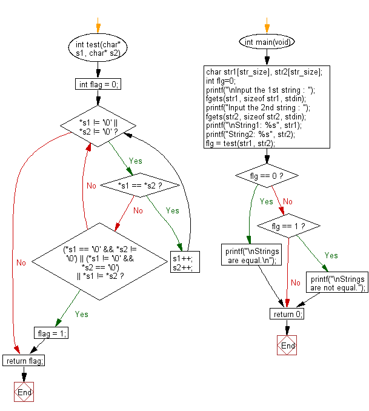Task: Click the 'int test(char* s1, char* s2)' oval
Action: [98, 48]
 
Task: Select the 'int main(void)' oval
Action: [267, 42]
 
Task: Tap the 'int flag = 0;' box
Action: [98, 84]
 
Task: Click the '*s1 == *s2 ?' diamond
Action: [140, 185]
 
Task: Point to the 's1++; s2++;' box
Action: [185, 262]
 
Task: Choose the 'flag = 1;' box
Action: [51, 333]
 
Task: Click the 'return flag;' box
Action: [24, 361]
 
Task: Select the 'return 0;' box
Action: [287, 314]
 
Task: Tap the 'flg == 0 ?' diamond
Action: [267, 176]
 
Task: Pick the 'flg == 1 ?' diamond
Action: [288, 226]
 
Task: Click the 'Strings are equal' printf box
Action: [251, 255]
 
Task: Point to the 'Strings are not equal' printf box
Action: [337, 282]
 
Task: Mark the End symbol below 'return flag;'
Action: [24, 392]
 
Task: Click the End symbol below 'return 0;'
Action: [287, 345]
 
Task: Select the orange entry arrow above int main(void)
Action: [267, 25]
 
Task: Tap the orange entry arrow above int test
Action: [98, 25]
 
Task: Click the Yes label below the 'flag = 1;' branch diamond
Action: [82, 314]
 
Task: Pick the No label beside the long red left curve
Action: [21, 262]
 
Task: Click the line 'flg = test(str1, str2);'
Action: [241, 144]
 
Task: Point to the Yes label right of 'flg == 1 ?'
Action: [331, 255]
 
